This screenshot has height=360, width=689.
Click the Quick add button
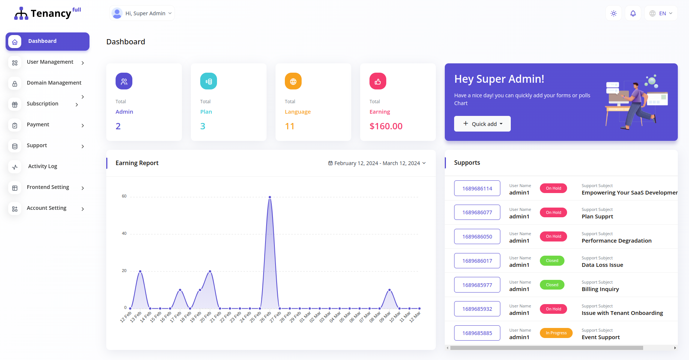point(482,124)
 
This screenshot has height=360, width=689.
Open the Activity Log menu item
point(43,166)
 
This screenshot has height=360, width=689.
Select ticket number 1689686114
point(477,189)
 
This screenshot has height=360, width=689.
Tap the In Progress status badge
point(556,333)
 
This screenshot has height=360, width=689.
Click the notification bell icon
point(633,13)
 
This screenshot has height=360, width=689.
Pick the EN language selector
point(661,13)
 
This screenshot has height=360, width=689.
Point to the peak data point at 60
point(270,197)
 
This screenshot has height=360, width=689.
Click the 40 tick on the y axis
point(124,234)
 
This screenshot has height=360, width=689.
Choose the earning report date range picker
point(377,163)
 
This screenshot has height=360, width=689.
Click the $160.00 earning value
point(386,126)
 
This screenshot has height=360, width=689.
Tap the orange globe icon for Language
point(293,81)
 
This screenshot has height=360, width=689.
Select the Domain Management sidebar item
point(54,83)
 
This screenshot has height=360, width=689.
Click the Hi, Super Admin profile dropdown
point(142,13)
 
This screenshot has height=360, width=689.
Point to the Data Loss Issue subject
point(602,265)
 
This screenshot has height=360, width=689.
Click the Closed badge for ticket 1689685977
point(552,285)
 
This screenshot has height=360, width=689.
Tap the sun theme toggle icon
point(613,13)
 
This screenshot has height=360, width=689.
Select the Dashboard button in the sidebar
point(47,41)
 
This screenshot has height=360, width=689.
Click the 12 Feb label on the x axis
point(126,317)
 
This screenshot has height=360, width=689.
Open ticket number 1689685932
point(477,309)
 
